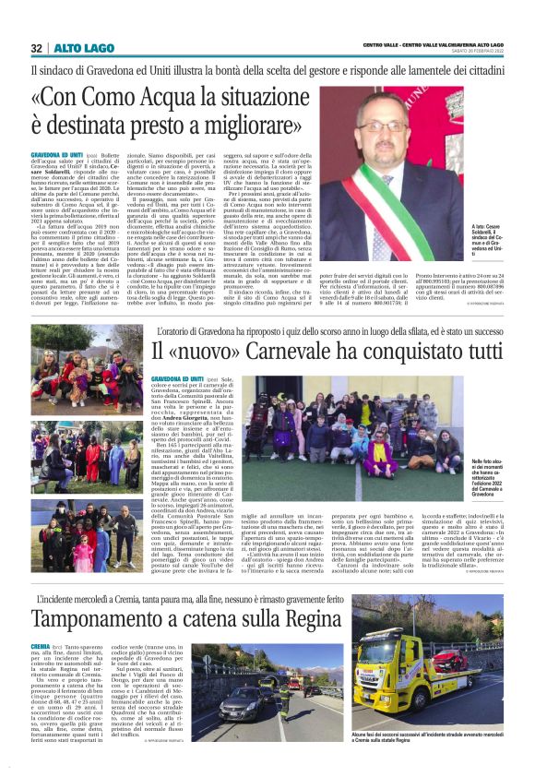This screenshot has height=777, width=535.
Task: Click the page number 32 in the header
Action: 37,48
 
